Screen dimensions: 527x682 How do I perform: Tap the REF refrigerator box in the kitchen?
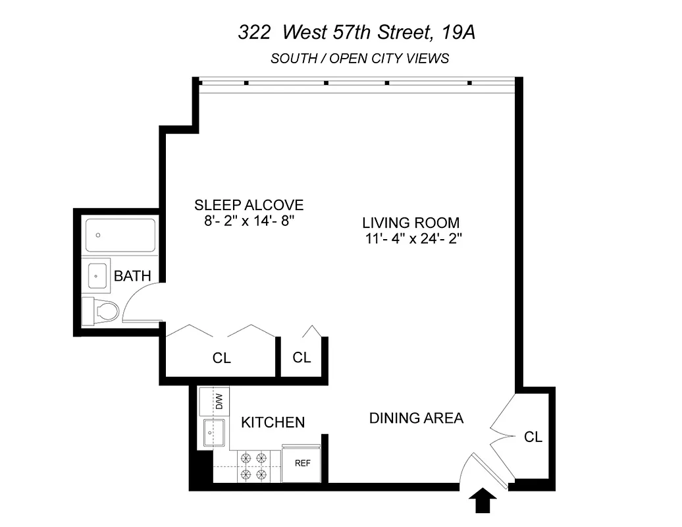point(302,463)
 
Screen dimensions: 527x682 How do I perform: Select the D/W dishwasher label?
point(220,400)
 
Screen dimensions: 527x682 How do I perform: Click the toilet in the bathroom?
point(100,310)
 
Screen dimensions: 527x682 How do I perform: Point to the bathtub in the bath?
point(120,235)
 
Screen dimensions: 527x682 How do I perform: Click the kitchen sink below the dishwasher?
point(215,433)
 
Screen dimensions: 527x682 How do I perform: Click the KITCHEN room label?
point(273,422)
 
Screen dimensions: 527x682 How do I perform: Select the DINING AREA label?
point(416,418)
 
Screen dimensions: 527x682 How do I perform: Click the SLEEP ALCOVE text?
point(249,204)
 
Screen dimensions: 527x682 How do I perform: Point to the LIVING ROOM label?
point(411,223)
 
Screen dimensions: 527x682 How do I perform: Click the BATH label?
point(132,275)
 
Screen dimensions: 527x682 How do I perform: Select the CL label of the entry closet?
point(533,437)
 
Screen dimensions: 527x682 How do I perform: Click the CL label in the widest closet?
point(222,358)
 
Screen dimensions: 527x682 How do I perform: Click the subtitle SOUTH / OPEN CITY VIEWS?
point(359,58)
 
